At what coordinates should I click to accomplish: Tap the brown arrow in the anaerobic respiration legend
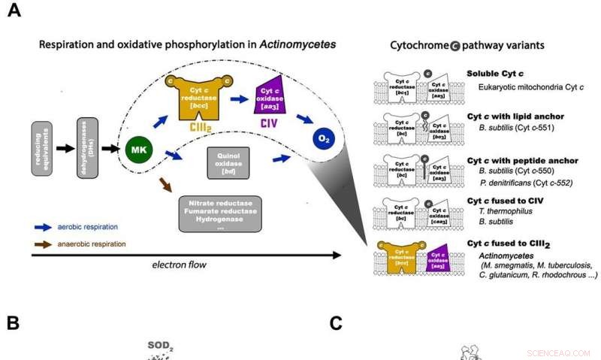tap(47, 244)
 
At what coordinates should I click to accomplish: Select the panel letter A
tap(14, 13)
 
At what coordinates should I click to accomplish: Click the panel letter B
tap(13, 323)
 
